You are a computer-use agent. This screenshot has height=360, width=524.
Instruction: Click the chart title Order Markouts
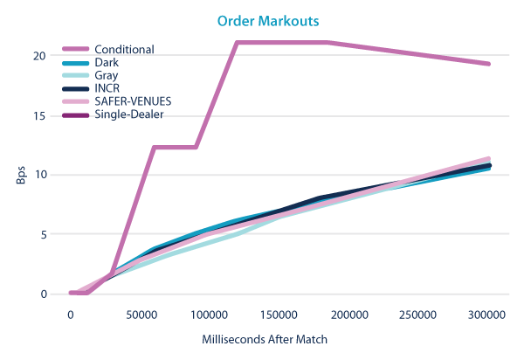(x=262, y=20)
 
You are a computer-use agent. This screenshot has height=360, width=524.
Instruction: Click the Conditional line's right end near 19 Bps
(x=489, y=64)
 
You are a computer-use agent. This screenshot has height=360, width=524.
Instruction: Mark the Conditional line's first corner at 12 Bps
(x=154, y=147)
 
